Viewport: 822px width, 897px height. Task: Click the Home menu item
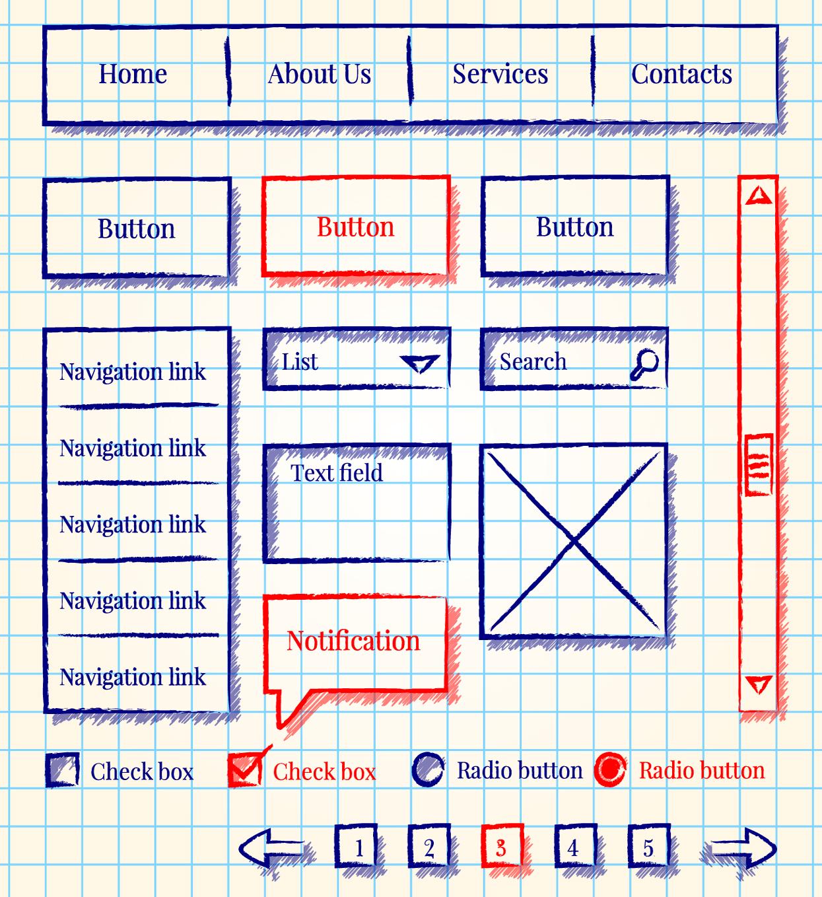133,74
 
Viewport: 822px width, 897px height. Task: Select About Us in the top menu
319,74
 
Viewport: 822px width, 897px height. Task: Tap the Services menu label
500,74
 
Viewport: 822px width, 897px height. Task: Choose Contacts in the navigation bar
681,74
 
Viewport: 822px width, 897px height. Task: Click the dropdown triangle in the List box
420,363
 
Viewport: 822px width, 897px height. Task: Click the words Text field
337,473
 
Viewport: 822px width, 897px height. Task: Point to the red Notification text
353,641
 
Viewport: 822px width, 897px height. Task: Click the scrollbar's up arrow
758,196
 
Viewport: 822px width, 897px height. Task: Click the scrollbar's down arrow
758,684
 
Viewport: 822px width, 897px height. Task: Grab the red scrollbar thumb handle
759,464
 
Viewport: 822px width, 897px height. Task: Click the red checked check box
246,768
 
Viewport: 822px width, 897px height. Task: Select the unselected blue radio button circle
428,769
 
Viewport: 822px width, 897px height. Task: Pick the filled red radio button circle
611,769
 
